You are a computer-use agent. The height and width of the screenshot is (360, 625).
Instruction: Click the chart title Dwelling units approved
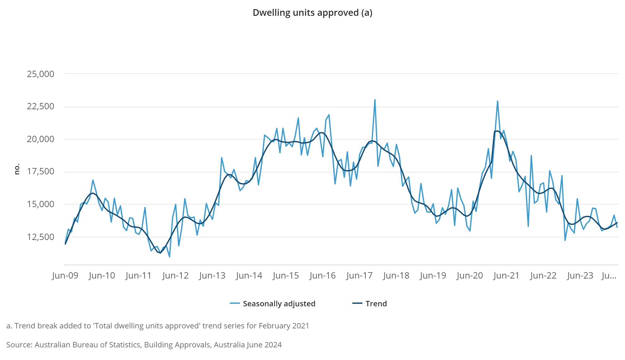tap(312, 13)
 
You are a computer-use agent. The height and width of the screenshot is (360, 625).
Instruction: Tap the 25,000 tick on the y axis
tap(40, 74)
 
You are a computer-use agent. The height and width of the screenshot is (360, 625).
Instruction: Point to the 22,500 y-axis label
tap(40, 106)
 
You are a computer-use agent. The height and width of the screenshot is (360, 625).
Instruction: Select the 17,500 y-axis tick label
tap(40, 171)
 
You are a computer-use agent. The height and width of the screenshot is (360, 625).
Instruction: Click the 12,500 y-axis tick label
tap(40, 237)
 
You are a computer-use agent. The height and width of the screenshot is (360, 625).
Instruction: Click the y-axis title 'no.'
tap(17, 169)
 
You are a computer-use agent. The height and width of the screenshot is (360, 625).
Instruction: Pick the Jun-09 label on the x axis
tap(65, 276)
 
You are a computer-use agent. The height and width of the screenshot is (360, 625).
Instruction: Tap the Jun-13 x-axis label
tap(212, 276)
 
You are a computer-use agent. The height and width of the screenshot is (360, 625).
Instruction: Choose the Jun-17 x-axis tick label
tap(359, 276)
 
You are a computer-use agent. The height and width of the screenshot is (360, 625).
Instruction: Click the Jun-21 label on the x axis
tap(506, 276)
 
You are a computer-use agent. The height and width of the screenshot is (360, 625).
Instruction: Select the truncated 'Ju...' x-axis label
tap(609, 276)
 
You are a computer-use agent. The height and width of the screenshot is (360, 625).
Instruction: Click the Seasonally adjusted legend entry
tap(279, 304)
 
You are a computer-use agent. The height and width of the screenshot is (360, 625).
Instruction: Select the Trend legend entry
tap(376, 304)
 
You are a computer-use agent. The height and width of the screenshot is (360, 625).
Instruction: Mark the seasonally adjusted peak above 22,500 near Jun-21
tap(497, 101)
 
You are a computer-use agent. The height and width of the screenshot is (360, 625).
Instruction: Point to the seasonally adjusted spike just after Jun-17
tap(375, 100)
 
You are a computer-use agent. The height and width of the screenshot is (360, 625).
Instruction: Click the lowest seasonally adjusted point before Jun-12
tap(170, 256)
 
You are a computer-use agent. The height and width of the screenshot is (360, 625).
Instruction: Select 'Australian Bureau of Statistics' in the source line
tap(87, 345)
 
